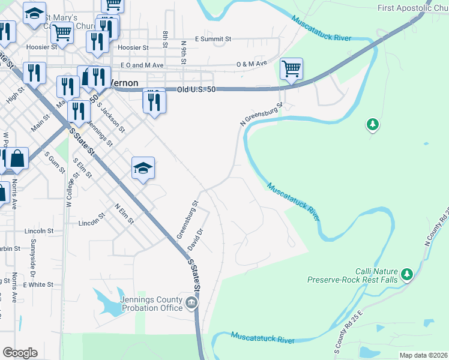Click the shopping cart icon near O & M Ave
coord(291,69)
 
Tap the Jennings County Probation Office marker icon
coord(191,302)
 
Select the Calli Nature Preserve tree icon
coord(408,274)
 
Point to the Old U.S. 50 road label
coord(196,89)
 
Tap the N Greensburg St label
coord(261,114)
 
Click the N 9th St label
coord(185,51)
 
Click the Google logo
coord(20,353)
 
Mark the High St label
coord(15,95)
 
